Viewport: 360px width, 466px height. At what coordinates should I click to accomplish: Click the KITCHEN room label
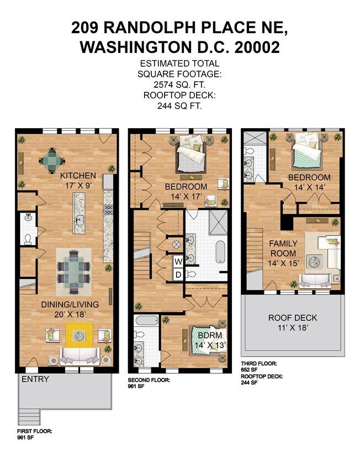(78, 176)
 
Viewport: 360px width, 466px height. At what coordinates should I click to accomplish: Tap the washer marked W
(178, 262)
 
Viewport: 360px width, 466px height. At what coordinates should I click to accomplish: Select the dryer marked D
(178, 275)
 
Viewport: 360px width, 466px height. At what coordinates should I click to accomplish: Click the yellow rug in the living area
(79, 335)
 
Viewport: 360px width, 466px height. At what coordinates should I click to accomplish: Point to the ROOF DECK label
(293, 317)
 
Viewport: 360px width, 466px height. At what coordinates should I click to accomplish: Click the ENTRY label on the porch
(35, 379)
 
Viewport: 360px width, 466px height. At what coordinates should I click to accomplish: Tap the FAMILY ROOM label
(283, 248)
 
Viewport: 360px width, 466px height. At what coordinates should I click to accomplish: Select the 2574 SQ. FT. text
(179, 84)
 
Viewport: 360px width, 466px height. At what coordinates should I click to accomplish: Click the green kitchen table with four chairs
(52, 161)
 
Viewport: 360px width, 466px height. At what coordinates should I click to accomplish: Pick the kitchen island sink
(79, 220)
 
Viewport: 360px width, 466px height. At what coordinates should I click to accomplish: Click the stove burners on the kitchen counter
(108, 209)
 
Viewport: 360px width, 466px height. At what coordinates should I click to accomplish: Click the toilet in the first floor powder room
(28, 239)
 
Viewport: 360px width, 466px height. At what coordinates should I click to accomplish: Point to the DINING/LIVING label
(70, 304)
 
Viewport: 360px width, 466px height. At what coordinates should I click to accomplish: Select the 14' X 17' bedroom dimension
(187, 197)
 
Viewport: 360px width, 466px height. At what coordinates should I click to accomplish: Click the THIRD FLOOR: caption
(259, 363)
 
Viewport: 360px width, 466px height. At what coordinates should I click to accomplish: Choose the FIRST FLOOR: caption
(34, 431)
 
